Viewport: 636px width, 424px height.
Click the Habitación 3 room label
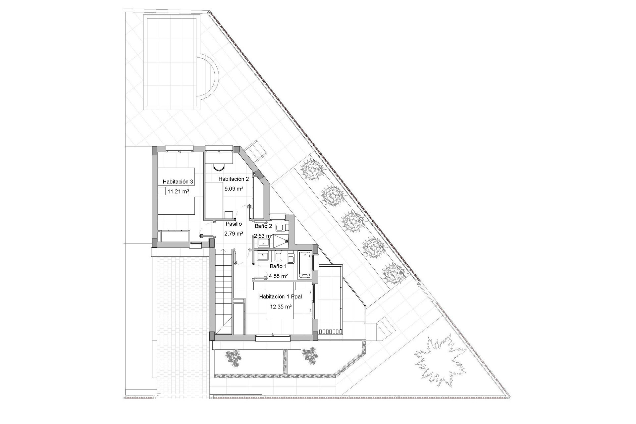pyautogui.click(x=178, y=182)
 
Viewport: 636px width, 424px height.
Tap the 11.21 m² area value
pyautogui.click(x=178, y=191)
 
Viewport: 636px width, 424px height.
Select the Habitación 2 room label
pyautogui.click(x=234, y=179)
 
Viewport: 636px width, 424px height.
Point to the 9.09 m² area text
pyautogui.click(x=234, y=189)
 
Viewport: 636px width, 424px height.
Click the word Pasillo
pyautogui.click(x=234, y=224)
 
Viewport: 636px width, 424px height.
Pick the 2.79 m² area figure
pyautogui.click(x=234, y=234)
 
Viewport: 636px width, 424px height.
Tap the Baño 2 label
pyautogui.click(x=263, y=226)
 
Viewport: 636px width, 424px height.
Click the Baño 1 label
pyautogui.click(x=278, y=266)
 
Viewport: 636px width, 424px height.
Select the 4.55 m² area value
pyautogui.click(x=278, y=276)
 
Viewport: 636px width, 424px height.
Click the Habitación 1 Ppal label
pyautogui.click(x=281, y=297)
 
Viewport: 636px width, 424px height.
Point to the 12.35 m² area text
pyautogui.click(x=281, y=307)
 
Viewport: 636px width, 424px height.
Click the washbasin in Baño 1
pyautogui.click(x=264, y=256)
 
